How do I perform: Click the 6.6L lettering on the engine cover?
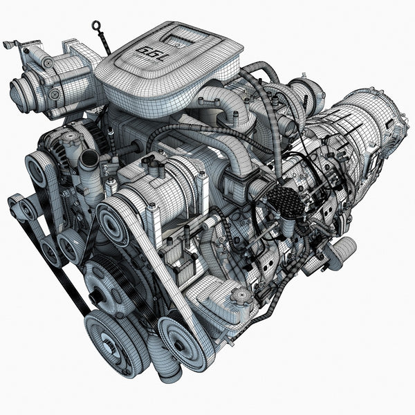(151, 50)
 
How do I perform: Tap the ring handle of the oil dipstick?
(96, 27)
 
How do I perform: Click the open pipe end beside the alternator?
(89, 160)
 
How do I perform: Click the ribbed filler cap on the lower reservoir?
(240, 297)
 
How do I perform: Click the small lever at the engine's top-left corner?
(10, 45)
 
